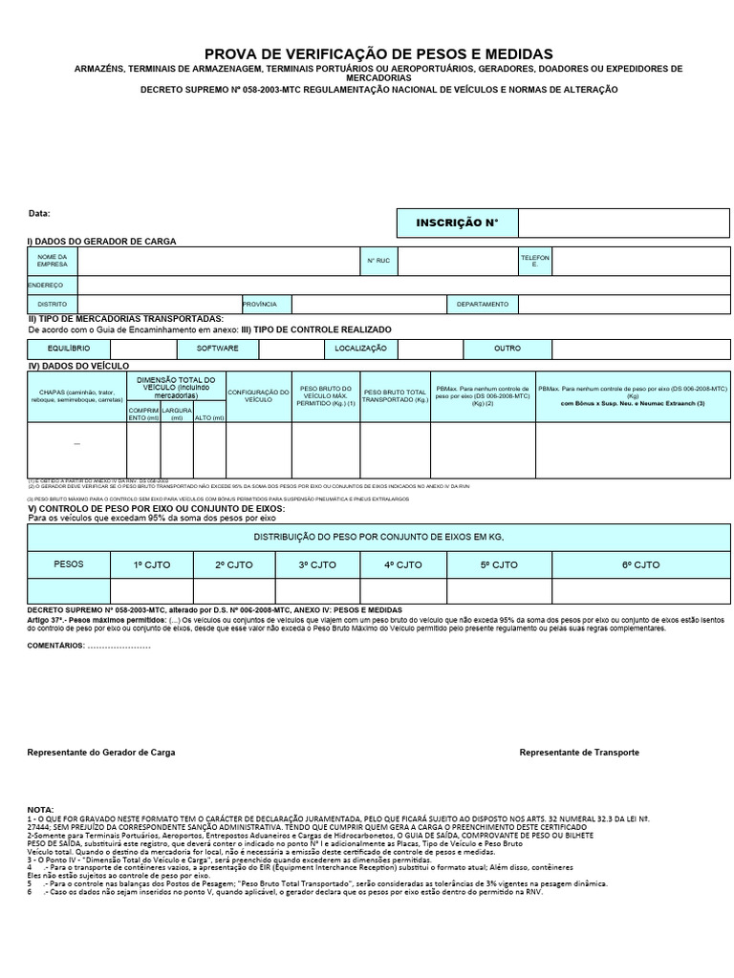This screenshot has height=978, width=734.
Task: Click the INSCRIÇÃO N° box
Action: click(x=457, y=223)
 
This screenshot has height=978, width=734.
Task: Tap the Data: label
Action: click(x=39, y=214)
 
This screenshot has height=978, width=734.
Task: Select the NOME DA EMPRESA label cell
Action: click(x=53, y=261)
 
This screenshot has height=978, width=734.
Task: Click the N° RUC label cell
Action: click(x=378, y=261)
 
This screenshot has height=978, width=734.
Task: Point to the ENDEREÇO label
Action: click(x=45, y=285)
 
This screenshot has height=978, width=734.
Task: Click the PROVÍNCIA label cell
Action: click(x=260, y=304)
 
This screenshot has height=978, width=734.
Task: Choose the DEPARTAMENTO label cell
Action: click(x=482, y=304)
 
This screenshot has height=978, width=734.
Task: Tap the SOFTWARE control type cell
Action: click(x=217, y=349)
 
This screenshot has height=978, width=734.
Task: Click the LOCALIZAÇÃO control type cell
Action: click(x=360, y=349)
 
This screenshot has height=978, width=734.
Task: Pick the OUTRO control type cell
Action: click(x=507, y=349)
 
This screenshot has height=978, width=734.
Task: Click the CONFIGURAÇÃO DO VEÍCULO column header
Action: click(x=258, y=395)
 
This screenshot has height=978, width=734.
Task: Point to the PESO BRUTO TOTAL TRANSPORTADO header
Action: click(x=395, y=395)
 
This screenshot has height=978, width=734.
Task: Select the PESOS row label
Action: click(x=69, y=564)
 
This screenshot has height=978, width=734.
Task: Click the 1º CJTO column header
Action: click(x=151, y=564)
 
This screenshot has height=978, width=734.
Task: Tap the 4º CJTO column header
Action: click(x=402, y=564)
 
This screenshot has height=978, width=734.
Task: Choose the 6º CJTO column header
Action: click(x=640, y=564)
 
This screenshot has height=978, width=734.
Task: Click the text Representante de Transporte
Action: click(x=579, y=753)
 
